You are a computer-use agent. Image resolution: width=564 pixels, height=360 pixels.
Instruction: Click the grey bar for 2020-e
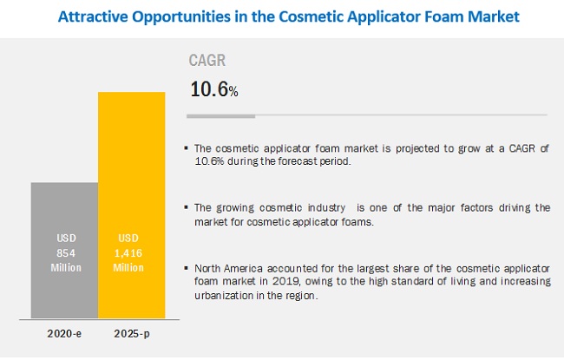(x=64, y=251)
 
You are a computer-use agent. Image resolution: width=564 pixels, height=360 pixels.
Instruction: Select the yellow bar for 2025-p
(x=132, y=205)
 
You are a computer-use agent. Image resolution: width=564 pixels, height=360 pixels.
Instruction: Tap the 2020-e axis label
(x=64, y=334)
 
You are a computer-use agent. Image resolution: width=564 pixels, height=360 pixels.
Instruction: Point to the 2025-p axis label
(x=132, y=334)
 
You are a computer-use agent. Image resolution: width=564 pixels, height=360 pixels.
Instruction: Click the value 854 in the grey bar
(x=66, y=253)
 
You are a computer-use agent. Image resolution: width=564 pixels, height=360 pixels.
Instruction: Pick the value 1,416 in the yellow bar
(x=128, y=253)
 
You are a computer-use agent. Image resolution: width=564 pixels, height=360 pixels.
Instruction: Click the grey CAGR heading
(x=207, y=60)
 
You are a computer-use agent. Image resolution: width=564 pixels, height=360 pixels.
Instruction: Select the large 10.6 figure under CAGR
(x=209, y=89)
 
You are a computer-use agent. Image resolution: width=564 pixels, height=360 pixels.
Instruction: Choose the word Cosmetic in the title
(x=311, y=16)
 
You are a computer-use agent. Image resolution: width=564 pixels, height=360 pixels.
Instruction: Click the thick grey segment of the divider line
(x=221, y=116)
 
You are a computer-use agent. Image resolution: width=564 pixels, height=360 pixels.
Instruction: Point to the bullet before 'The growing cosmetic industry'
(x=186, y=207)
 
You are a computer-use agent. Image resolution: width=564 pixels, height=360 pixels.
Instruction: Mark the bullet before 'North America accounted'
(x=186, y=268)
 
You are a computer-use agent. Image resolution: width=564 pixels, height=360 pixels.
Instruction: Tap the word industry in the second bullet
(x=326, y=208)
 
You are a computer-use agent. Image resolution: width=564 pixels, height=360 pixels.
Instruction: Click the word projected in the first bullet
(x=417, y=148)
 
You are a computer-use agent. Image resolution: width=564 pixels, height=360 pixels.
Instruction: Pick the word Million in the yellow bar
(x=128, y=267)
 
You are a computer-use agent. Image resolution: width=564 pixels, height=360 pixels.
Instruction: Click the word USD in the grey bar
(x=66, y=238)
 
